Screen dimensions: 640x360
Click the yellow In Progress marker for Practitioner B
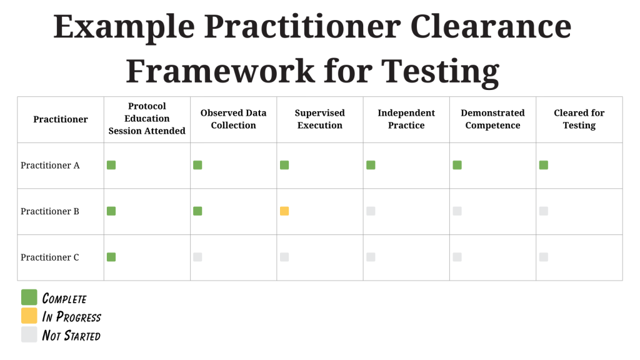(x=284, y=211)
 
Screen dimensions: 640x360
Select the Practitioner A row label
(x=50, y=165)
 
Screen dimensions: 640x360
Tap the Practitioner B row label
(x=50, y=211)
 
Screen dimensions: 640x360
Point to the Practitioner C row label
(x=50, y=257)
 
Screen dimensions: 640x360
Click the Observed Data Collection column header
(x=234, y=119)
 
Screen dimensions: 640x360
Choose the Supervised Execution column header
(x=320, y=119)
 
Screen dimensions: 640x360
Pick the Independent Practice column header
(x=406, y=119)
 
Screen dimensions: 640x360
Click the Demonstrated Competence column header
(x=492, y=119)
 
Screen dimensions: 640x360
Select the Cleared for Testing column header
(x=579, y=119)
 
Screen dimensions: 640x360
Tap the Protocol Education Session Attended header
(x=147, y=118)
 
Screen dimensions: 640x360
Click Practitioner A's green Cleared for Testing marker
(x=544, y=165)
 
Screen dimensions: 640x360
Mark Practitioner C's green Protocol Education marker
(x=111, y=257)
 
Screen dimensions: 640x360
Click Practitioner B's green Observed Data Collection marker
(x=197, y=211)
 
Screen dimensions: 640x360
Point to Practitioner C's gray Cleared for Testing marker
(x=544, y=257)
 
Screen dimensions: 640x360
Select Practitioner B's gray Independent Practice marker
(x=371, y=211)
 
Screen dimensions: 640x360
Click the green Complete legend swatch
(x=29, y=297)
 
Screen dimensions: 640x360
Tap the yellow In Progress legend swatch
(x=29, y=316)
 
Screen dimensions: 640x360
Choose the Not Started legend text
(x=71, y=336)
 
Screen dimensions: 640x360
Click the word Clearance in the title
(x=491, y=26)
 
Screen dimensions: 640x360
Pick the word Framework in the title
(x=221, y=71)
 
